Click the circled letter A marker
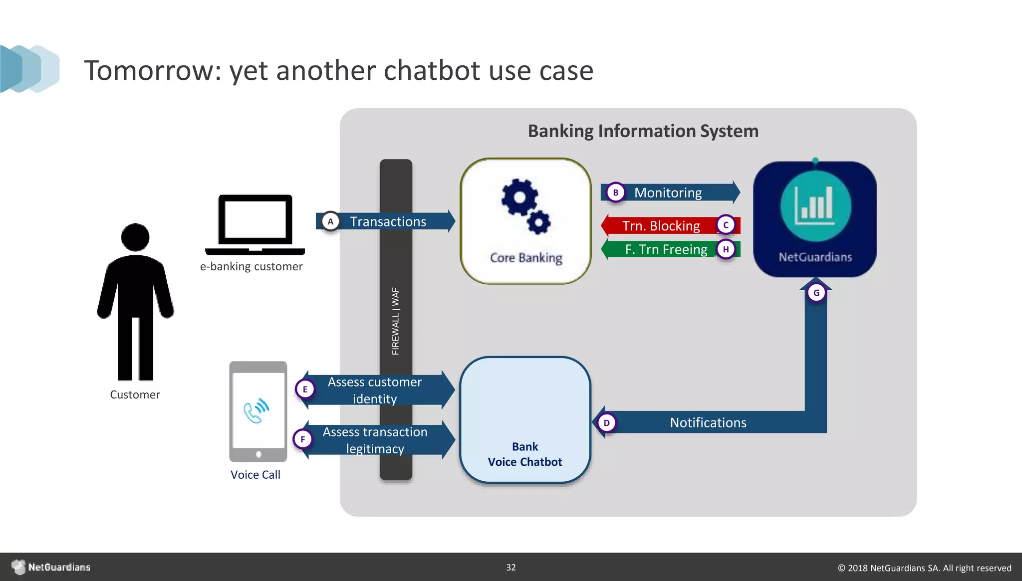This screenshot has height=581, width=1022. tap(330, 221)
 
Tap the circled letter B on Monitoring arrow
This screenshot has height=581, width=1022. tap(615, 193)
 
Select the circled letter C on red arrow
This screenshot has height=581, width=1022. tap(726, 225)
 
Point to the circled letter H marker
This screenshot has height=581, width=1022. tap(726, 249)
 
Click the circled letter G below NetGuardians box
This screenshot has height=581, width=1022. tap(816, 293)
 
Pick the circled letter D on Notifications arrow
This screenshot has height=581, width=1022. tap(606, 423)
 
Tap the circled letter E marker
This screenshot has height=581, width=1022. tap(305, 389)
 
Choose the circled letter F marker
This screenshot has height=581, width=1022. tap(302, 439)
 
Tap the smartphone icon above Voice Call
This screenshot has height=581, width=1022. tap(258, 411)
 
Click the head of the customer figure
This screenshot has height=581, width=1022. tap(135, 237)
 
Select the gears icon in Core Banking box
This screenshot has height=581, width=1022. tap(525, 206)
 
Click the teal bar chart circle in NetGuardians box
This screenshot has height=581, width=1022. tap(815, 206)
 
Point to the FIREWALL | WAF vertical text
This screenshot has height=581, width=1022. tap(396, 321)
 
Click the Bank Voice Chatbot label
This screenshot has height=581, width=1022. tap(525, 454)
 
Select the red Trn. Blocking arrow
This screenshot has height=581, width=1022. tap(661, 226)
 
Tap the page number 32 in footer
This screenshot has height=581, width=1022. tap(511, 568)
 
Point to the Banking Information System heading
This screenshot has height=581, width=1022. tap(643, 131)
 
